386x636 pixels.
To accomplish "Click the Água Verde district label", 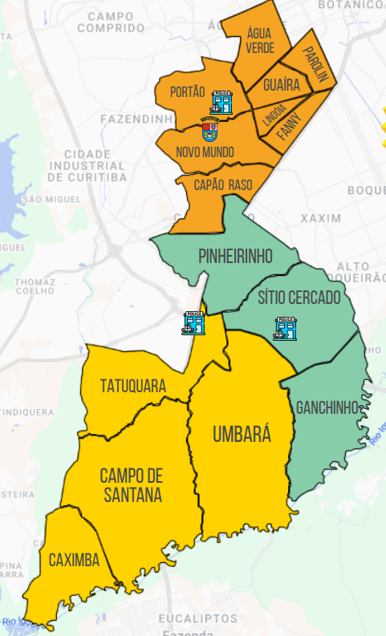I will (260, 41).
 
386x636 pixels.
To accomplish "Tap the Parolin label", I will (316, 64).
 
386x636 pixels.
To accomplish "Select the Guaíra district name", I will (281, 84).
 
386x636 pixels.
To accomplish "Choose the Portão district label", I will (188, 92).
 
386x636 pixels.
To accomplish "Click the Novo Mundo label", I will (205, 152).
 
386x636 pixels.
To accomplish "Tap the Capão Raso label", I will (223, 185).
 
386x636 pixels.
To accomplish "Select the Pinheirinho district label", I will (236, 256).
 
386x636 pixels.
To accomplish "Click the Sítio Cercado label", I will (299, 298).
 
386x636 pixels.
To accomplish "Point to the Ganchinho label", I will (326, 407).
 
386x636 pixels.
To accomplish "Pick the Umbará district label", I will (242, 435).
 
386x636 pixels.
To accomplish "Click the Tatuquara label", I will (133, 386).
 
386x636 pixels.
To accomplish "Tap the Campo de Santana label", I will (131, 485).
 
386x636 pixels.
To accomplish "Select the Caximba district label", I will (74, 560).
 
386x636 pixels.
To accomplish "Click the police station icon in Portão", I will (221, 102).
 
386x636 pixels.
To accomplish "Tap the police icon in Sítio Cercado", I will (285, 329).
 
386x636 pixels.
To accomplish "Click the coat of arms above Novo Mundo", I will (210, 128).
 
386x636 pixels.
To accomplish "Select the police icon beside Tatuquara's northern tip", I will (193, 322).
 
